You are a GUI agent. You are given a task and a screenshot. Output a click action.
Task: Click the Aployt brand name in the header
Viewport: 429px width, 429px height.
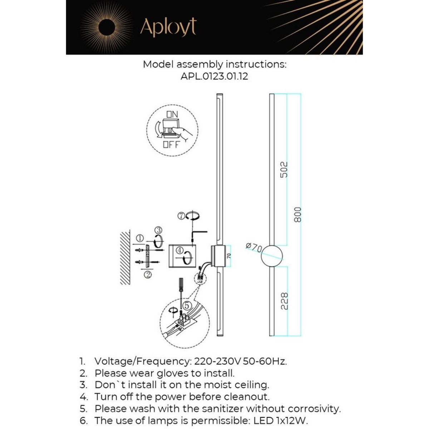tap(168, 28)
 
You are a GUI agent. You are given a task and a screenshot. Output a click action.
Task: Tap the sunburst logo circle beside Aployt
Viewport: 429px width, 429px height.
tap(106, 28)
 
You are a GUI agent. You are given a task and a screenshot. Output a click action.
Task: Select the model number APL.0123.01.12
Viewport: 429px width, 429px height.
tap(214, 76)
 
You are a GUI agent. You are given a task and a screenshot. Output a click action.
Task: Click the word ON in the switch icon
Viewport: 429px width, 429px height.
tap(172, 114)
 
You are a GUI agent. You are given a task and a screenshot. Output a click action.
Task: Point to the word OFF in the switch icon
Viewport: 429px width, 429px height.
tap(171, 145)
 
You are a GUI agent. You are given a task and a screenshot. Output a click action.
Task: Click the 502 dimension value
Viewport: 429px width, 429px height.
tap(283, 170)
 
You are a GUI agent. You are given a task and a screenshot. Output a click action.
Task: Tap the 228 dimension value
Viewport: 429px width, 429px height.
tap(283, 301)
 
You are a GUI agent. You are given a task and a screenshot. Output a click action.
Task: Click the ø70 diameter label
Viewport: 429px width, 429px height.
tap(254, 247)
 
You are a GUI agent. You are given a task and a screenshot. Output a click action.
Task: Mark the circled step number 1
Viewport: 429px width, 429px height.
tap(140, 238)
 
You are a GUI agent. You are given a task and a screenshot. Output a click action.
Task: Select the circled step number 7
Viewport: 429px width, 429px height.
tap(182, 216)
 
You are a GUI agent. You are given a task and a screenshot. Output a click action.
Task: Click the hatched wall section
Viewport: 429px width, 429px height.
tap(125, 257)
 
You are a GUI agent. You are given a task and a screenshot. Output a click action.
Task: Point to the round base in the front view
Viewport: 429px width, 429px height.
tap(272, 256)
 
